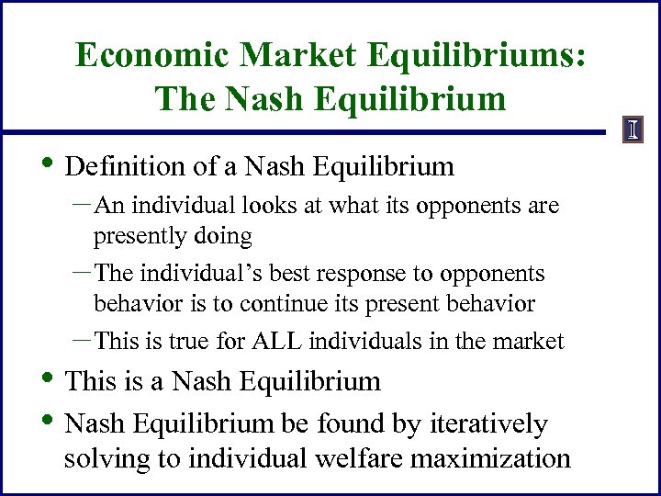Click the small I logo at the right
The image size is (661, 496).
click(633, 130)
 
